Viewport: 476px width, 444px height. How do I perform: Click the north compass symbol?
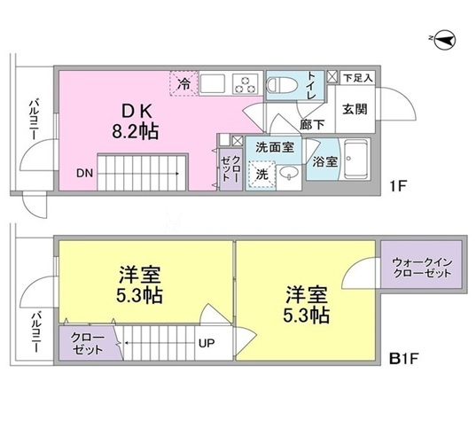[x=445, y=40]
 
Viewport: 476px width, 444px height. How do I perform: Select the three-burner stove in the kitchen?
[x=246, y=83]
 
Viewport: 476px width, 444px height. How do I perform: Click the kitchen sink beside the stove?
[x=213, y=83]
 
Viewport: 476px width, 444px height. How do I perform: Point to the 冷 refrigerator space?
[x=184, y=84]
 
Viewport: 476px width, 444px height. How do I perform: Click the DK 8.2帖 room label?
[x=136, y=122]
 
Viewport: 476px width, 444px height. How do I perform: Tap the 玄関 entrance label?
[x=355, y=109]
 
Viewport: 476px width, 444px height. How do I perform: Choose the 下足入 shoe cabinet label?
[x=358, y=78]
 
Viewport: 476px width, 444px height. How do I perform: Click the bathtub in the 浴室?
[x=356, y=160]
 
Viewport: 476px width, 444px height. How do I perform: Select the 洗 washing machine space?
[x=262, y=175]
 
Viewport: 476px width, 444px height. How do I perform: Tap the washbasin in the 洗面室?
[x=289, y=174]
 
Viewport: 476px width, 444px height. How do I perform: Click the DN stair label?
[x=85, y=174]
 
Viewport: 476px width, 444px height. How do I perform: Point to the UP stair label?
[x=207, y=343]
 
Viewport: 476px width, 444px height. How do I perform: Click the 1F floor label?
[x=398, y=186]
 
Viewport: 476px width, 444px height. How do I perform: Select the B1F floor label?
[x=404, y=359]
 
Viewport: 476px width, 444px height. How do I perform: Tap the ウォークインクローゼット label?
[x=422, y=268]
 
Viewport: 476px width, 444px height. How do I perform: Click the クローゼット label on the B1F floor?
[x=88, y=343]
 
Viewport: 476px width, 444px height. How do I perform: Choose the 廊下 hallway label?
[x=312, y=124]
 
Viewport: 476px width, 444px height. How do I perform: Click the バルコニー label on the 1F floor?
[x=35, y=119]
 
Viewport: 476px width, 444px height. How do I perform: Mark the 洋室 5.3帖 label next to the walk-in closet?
[x=307, y=304]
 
